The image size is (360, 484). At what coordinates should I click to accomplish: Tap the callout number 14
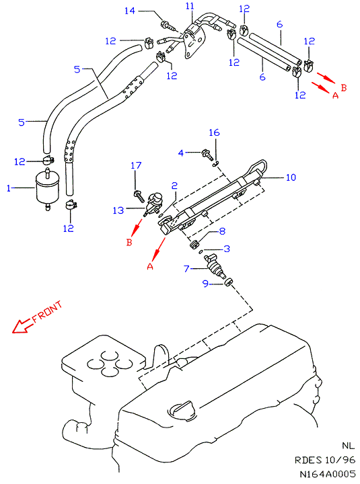click(130, 11)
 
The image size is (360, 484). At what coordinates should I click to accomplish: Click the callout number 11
click(190, 6)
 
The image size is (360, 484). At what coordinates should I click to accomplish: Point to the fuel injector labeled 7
click(216, 266)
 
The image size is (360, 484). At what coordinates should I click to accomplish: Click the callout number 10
click(291, 177)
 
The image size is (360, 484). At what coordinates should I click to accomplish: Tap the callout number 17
click(136, 166)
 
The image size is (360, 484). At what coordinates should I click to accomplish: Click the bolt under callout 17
click(139, 196)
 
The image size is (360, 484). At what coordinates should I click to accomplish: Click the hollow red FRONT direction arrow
click(22, 325)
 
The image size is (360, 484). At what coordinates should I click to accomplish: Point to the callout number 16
click(214, 132)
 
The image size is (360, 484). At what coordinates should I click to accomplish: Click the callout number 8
click(222, 231)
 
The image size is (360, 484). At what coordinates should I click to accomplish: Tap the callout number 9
click(205, 284)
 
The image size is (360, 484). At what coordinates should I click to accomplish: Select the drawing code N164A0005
click(328, 474)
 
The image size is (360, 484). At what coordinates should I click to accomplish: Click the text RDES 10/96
click(325, 460)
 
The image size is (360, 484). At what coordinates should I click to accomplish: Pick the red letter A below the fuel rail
click(150, 266)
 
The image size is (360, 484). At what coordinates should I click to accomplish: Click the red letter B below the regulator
click(129, 242)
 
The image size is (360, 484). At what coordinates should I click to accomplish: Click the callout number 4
click(181, 153)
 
